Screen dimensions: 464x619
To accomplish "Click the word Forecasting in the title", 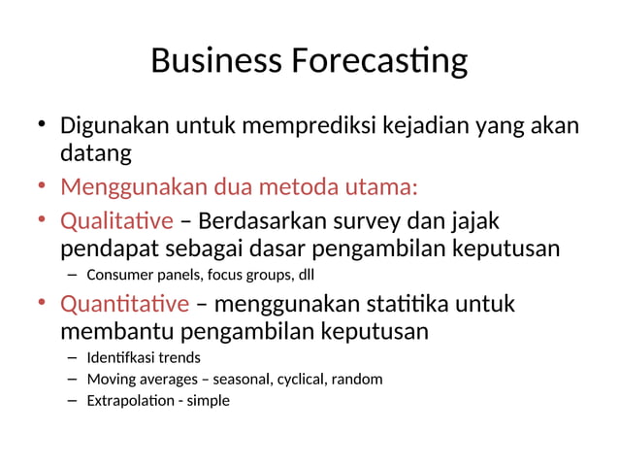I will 377,61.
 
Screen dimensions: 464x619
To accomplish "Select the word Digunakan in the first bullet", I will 115,126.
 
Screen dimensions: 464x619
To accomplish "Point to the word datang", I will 95,153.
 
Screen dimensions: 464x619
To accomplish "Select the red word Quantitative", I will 124,305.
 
